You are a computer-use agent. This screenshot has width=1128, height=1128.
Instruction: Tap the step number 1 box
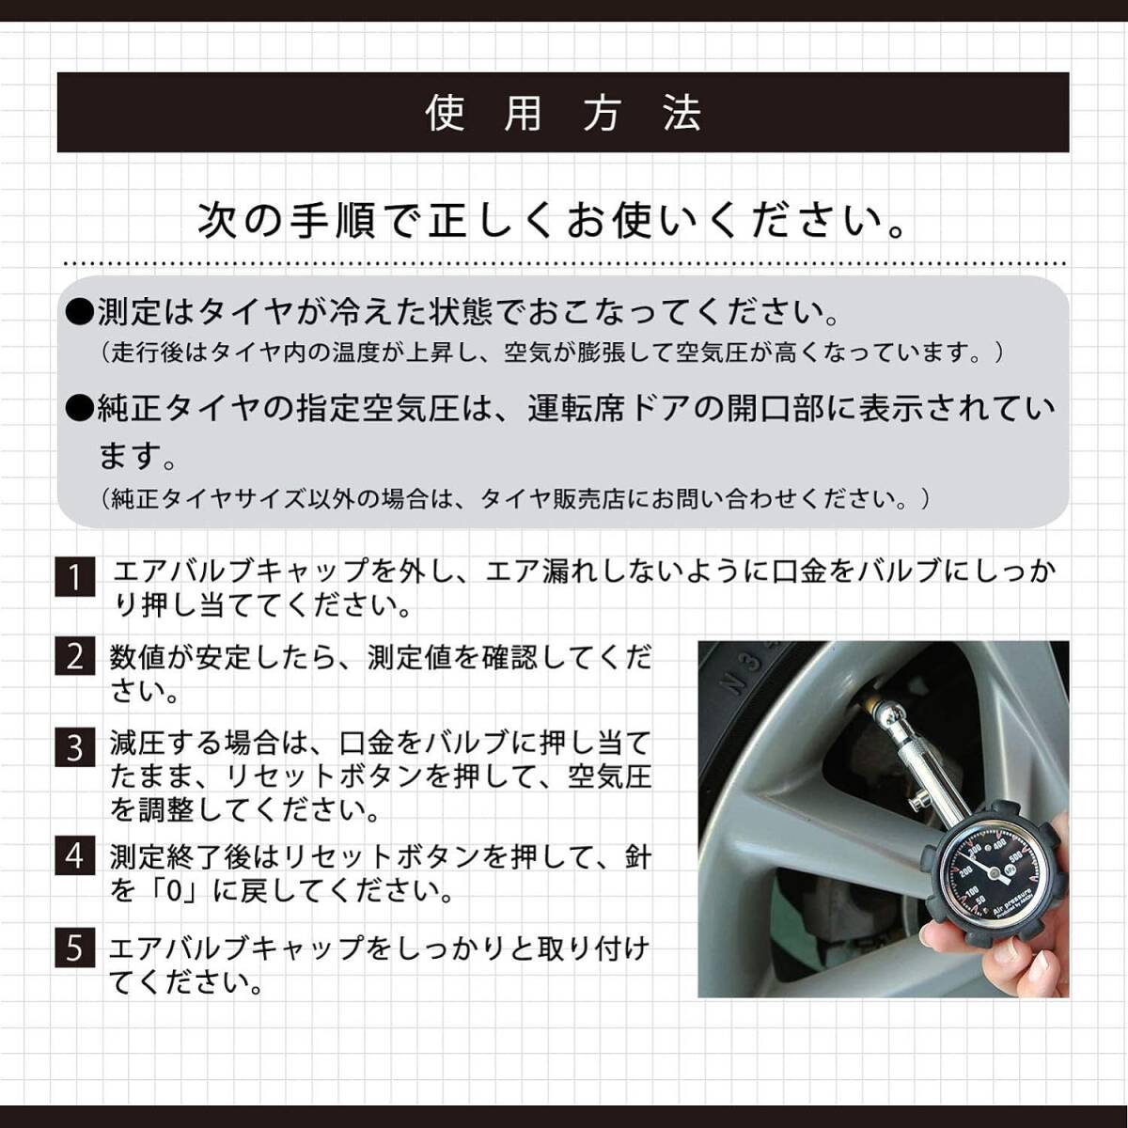click(75, 576)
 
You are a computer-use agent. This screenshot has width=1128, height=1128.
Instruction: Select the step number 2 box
click(75, 656)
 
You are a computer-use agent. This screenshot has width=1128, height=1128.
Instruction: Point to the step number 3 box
click(75, 748)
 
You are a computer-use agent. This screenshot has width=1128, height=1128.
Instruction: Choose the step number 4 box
click(75, 856)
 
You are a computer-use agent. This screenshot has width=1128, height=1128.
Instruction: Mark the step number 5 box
click(75, 948)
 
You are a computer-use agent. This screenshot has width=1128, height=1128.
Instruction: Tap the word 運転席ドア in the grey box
click(614, 409)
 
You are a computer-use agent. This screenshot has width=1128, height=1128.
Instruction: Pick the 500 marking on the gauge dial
click(1015, 857)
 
